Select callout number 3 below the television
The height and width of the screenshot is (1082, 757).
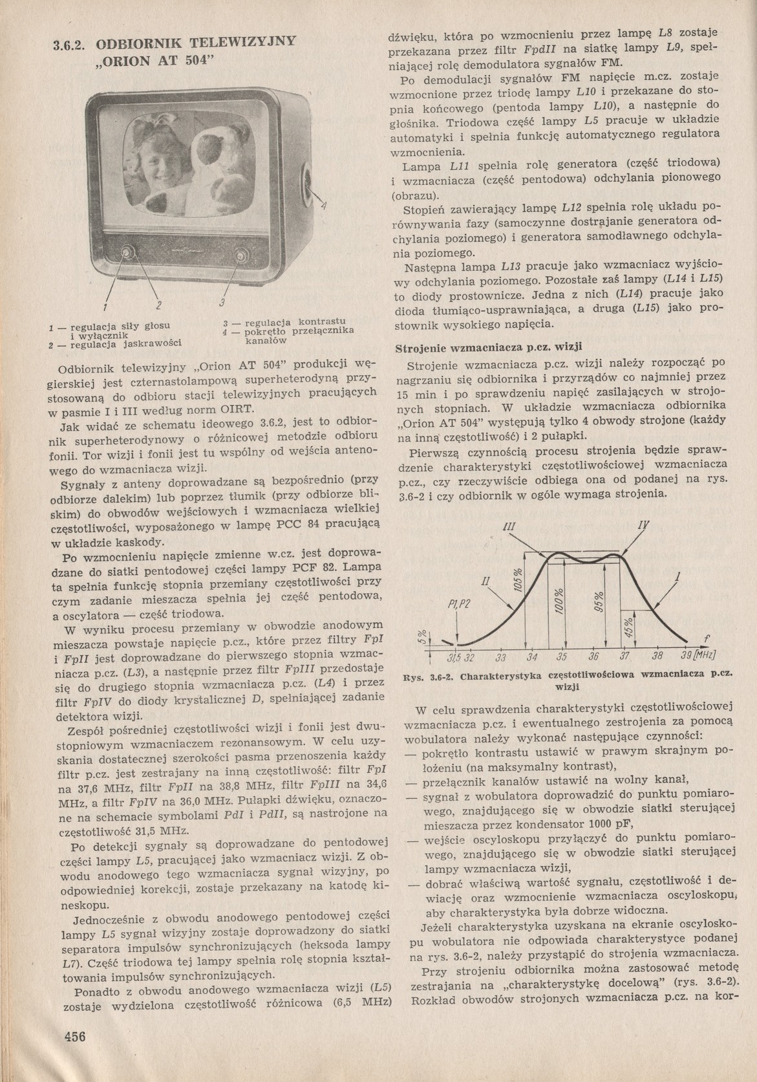point(222,303)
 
